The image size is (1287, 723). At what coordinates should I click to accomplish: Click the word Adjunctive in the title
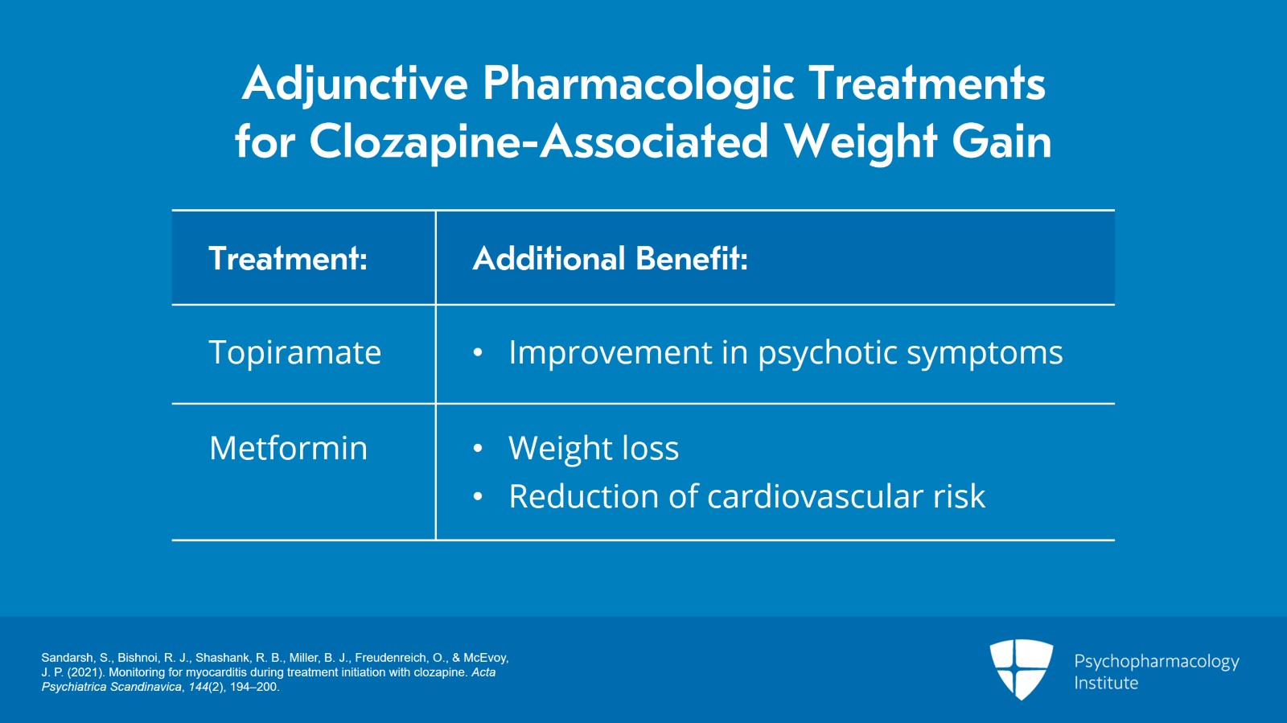pyautogui.click(x=355, y=84)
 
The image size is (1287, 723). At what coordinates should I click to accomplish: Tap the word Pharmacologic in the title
pyautogui.click(x=638, y=84)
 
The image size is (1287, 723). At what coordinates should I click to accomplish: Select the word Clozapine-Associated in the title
pyautogui.click(x=539, y=142)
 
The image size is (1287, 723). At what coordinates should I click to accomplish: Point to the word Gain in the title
pyautogui.click(x=1001, y=142)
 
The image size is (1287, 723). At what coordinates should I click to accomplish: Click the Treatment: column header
pyautogui.click(x=288, y=259)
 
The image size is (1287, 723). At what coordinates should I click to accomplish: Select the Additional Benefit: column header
pyautogui.click(x=610, y=259)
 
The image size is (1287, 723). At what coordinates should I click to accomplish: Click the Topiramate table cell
pyautogui.click(x=294, y=353)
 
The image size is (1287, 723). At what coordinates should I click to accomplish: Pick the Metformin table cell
pyautogui.click(x=288, y=449)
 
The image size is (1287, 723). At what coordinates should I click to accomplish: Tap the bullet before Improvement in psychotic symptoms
pyautogui.click(x=478, y=353)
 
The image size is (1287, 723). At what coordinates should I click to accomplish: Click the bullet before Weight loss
pyautogui.click(x=478, y=449)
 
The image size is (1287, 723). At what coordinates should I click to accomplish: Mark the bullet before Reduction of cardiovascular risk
pyautogui.click(x=478, y=497)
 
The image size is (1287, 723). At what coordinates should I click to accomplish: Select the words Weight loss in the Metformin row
pyautogui.click(x=594, y=449)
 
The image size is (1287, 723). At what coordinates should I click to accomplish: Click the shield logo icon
pyautogui.click(x=1021, y=668)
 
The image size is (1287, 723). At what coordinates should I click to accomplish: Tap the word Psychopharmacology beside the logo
pyautogui.click(x=1156, y=662)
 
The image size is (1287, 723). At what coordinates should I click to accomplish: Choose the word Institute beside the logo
pyautogui.click(x=1106, y=683)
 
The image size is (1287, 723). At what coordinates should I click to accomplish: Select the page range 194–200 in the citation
pyautogui.click(x=253, y=687)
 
